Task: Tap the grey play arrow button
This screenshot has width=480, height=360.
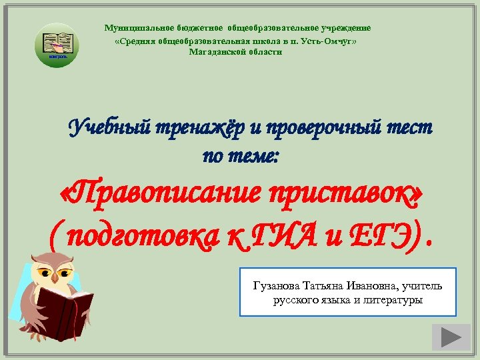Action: pyautogui.click(x=451, y=337)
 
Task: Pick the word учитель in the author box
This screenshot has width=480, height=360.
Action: pyautogui.click(x=424, y=286)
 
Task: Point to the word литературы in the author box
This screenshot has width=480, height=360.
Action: pyautogui.click(x=394, y=299)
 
